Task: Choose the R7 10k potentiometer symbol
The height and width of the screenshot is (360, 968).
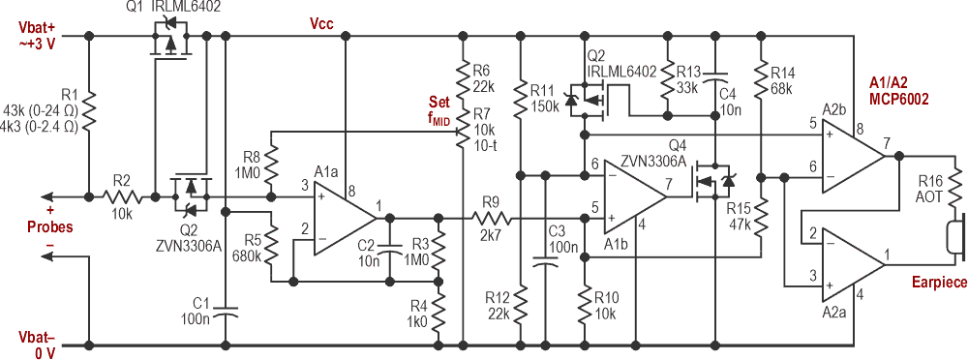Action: click(x=465, y=127)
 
